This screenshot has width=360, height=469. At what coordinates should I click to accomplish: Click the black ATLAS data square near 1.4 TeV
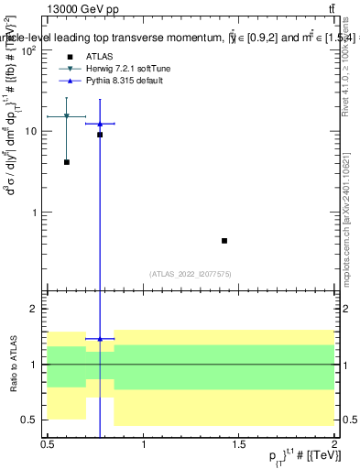224,241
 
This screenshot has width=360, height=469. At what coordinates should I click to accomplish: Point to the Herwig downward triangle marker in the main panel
67,116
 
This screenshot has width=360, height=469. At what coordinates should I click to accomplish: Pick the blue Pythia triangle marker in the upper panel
100,124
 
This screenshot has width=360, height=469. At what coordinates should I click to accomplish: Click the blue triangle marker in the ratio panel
100,339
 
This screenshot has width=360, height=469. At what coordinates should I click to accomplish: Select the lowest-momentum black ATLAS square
67,162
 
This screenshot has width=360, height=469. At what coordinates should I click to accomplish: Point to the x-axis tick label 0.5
48,443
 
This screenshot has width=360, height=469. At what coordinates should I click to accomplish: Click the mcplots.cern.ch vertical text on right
349,220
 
